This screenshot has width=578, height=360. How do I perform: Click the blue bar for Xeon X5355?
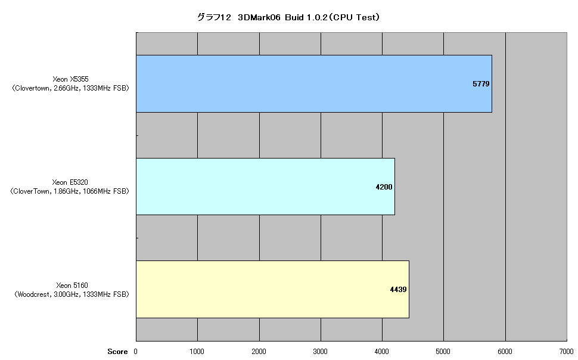tap(314, 83)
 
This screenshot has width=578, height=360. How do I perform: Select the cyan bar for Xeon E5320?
tap(265, 187)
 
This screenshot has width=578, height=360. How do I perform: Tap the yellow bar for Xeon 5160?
tap(273, 289)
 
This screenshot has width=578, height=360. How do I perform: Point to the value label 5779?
tap(481, 84)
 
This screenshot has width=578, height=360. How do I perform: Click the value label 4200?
tap(384, 187)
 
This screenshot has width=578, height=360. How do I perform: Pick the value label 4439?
tap(399, 290)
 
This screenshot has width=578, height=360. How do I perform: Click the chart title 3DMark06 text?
tap(259, 17)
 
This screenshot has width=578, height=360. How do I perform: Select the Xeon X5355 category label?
tap(70, 83)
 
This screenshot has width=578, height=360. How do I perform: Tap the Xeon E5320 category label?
tap(70, 187)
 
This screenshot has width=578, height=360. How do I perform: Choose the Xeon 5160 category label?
tap(72, 290)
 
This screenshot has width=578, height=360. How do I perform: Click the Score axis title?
tap(117, 352)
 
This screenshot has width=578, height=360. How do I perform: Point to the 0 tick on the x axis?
tap(136, 352)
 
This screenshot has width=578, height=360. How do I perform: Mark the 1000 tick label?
tap(197, 352)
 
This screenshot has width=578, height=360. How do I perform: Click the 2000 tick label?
tap(259, 352)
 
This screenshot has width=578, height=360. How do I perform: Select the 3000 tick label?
tap(320, 352)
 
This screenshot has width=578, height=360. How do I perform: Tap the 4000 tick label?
tap(381, 352)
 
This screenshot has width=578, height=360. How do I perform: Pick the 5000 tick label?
tap(443, 352)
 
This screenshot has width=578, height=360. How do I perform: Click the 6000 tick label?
tap(505, 352)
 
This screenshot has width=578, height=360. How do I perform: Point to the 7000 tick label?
tap(566, 352)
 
